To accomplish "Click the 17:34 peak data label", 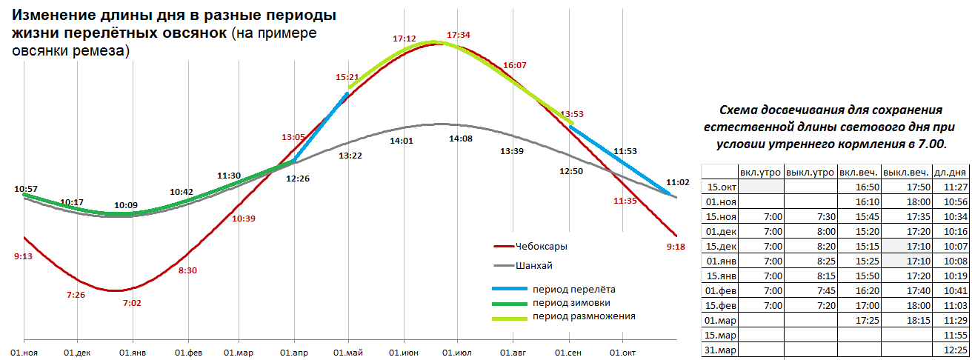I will coord(459,34).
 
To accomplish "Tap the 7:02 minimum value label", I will coord(133,302).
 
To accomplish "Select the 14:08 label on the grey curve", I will coord(459,139).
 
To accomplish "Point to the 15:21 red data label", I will coord(347,76).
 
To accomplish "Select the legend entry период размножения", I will coord(583,316).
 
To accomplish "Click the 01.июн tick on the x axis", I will coord(405,353).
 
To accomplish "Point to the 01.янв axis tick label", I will coord(133,353).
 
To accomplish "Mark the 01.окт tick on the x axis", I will coord(623,353).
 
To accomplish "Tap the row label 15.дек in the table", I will coord(721,245).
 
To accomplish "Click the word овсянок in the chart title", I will coord(190,34).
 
